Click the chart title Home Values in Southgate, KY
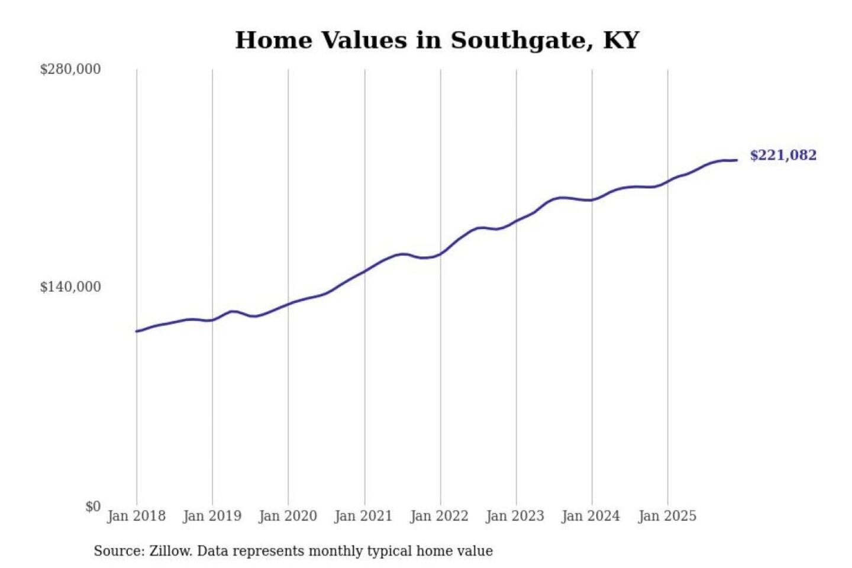(437, 40)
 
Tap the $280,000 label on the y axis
(70, 69)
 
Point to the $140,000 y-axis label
(70, 287)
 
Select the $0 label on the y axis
(93, 506)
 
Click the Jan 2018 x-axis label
(136, 516)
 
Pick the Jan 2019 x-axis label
(212, 516)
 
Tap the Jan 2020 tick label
(288, 516)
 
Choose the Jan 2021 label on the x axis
(363, 516)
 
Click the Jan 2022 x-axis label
(439, 516)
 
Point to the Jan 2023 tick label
(515, 516)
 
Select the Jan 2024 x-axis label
(590, 516)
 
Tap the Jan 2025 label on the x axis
(667, 516)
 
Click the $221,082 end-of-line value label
(783, 155)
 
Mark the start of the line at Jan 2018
(137, 331)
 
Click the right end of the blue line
(737, 160)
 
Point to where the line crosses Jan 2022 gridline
(440, 254)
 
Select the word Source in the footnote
(117, 551)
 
